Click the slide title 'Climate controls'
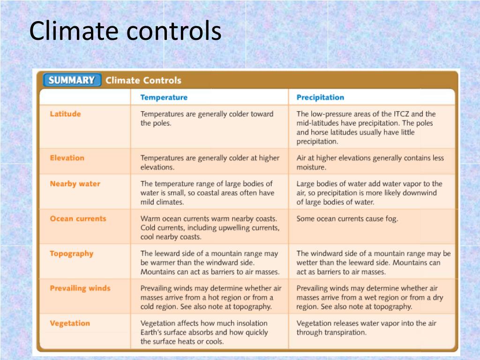[125, 32]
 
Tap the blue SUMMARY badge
[72, 80]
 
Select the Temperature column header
[164, 97]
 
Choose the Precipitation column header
[320, 97]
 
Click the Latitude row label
[65, 114]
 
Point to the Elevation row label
[67, 158]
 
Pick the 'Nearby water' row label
[75, 184]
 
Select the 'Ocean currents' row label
[78, 218]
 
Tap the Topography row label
[72, 254]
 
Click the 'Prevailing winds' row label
[80, 288]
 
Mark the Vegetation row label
[70, 323]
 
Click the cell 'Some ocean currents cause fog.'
[347, 219]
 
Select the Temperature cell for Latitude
[207, 119]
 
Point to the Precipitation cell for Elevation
[370, 163]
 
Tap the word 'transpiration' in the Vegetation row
[342, 332]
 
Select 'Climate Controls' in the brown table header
[143, 80]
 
